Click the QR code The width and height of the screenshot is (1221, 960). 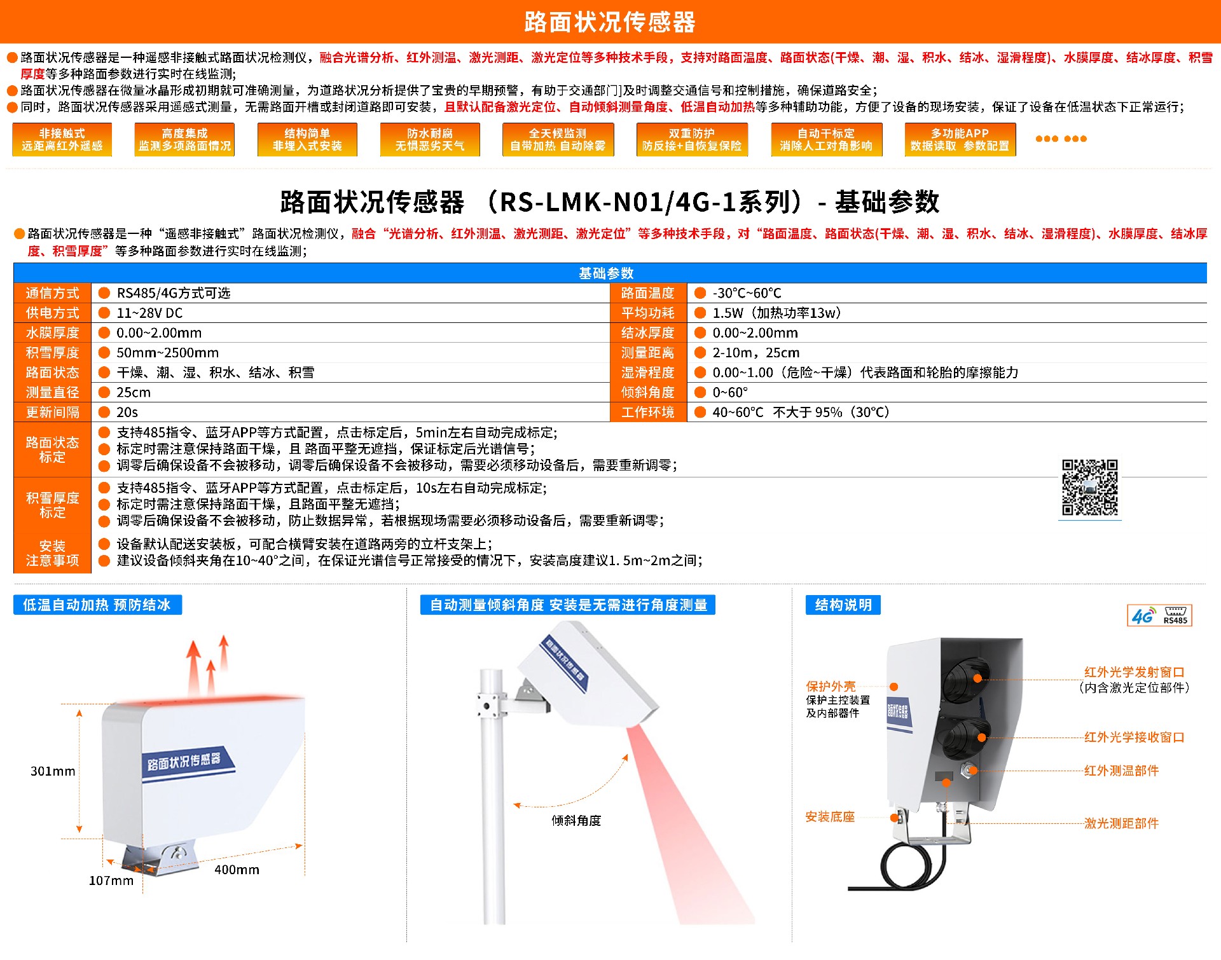click(1089, 488)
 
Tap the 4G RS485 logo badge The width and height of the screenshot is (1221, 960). click(1160, 615)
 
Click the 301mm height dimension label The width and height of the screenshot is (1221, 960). click(53, 771)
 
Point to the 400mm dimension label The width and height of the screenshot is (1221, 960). click(237, 870)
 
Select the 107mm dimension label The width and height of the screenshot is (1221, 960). click(111, 881)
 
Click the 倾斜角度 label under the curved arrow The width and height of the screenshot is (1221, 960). click(576, 821)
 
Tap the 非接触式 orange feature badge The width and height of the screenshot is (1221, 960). click(62, 139)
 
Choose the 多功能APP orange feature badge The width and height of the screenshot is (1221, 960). click(960, 139)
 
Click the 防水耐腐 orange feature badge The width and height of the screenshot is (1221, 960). click(430, 139)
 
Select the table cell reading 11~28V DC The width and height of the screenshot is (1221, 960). click(149, 313)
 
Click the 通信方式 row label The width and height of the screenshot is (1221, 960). click(52, 293)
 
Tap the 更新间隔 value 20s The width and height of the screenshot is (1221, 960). click(127, 412)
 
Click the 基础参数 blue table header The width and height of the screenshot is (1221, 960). click(606, 273)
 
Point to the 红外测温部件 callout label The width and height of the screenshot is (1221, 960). click(1121, 771)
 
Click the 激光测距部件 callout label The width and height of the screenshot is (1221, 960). click(1121, 823)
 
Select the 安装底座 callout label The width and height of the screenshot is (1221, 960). click(830, 817)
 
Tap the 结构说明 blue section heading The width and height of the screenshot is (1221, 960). click(843, 605)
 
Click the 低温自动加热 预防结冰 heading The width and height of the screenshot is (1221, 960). click(97, 605)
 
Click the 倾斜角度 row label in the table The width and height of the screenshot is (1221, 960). click(647, 392)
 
